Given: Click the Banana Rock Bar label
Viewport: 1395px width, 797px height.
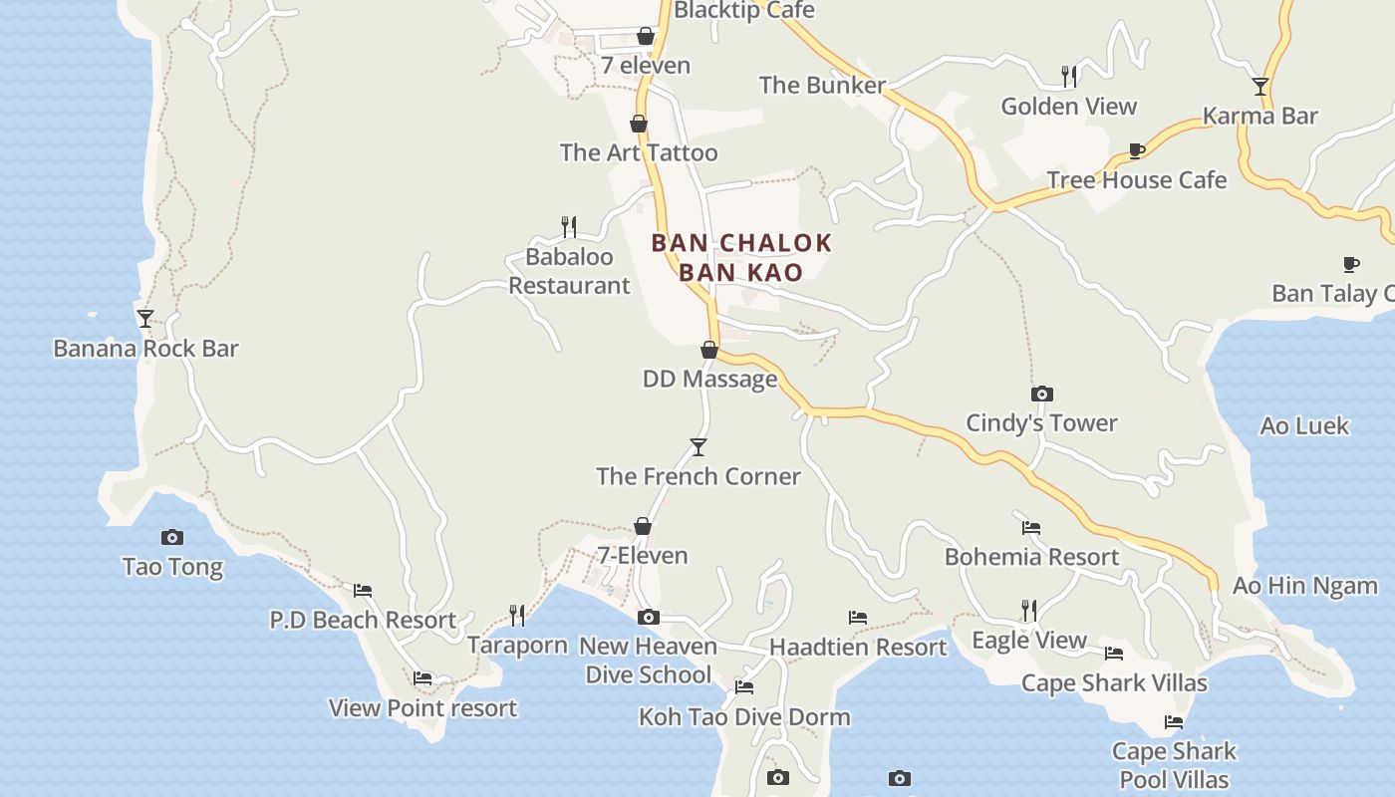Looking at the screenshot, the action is (x=145, y=349).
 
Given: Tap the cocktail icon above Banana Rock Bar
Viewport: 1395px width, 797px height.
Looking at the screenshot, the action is (x=145, y=319).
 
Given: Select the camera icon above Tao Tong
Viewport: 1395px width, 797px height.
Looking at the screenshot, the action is (x=172, y=537).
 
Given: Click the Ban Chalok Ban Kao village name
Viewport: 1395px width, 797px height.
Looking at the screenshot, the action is (x=741, y=257).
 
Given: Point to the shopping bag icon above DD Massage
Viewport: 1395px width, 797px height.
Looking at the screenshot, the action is (x=709, y=350).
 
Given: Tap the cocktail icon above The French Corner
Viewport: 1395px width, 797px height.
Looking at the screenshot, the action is (x=698, y=447).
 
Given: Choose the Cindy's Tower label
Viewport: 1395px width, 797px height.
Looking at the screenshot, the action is (x=1041, y=422).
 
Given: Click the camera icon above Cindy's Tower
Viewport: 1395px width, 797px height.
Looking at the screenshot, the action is (x=1042, y=394).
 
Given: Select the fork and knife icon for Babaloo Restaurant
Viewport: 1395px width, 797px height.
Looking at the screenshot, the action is (x=569, y=227).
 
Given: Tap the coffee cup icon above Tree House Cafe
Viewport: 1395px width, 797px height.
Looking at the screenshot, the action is (x=1137, y=151).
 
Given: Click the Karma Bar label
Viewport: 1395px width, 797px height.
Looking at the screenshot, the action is (x=1260, y=116).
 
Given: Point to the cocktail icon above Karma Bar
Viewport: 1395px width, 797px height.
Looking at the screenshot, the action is (x=1260, y=87).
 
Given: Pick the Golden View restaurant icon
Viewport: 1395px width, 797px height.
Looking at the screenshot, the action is (x=1069, y=77).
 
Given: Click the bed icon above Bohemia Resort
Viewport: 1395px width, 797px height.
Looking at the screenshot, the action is (x=1031, y=528).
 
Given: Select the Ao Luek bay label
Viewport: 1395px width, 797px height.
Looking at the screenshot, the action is (x=1304, y=425).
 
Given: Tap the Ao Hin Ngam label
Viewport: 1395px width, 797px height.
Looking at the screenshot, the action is (x=1305, y=585).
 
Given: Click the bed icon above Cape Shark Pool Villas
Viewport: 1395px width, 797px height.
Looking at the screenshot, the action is (x=1174, y=722).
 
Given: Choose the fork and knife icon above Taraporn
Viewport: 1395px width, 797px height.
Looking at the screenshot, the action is (x=517, y=616).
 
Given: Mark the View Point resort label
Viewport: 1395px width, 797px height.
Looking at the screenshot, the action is (x=422, y=708).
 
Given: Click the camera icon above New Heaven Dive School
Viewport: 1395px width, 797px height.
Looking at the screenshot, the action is (x=649, y=618).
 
